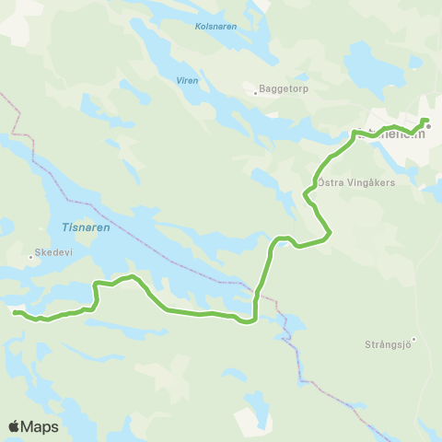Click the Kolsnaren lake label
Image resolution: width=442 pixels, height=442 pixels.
click(x=215, y=27)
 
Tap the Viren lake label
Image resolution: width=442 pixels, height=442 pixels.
click(x=187, y=80)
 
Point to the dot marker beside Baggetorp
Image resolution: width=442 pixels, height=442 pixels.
click(x=255, y=92)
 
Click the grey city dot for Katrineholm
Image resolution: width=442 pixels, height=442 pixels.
click(x=428, y=127)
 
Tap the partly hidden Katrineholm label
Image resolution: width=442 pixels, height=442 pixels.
click(x=390, y=134)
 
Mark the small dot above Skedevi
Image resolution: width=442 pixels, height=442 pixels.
click(x=30, y=257)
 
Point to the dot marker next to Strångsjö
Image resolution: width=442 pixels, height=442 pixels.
click(x=414, y=339)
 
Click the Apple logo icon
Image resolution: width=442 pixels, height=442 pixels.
click(x=14, y=426)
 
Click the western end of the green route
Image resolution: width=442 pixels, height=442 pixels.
click(x=15, y=312)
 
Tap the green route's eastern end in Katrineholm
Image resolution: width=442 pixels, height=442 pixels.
click(x=425, y=120)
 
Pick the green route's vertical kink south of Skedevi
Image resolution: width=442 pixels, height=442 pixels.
click(x=96, y=293)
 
